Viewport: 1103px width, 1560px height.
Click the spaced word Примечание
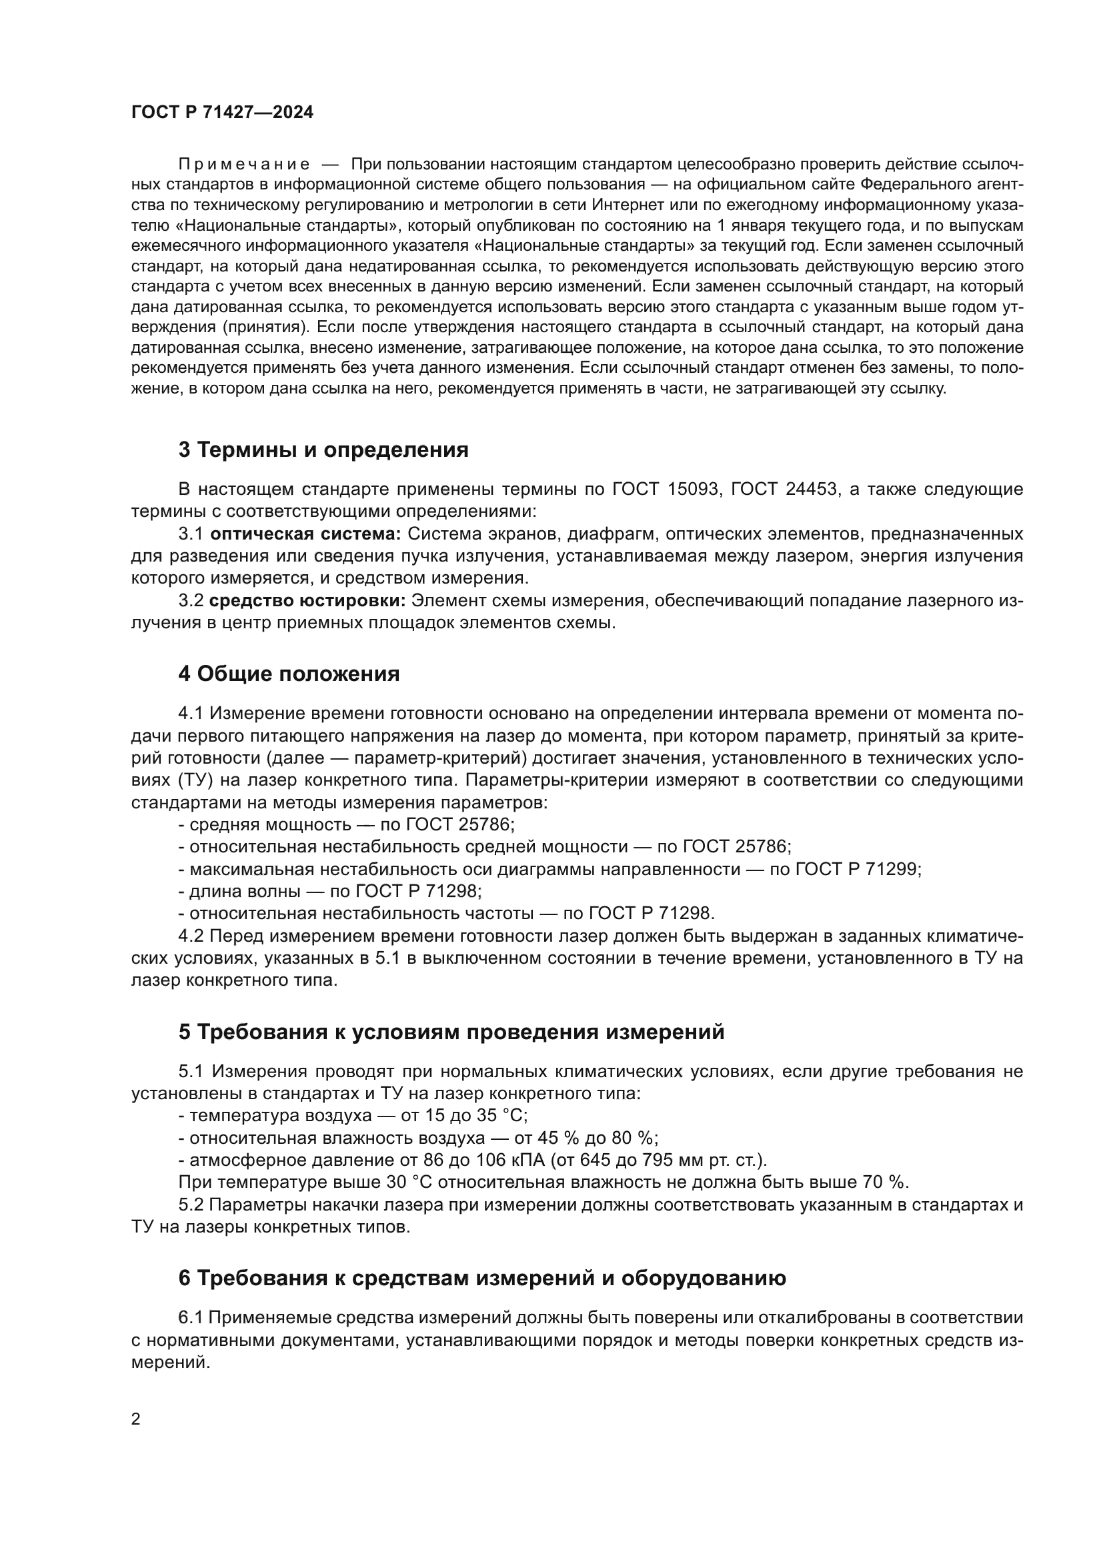tap(244, 165)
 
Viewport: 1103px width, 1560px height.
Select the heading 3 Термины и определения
tap(323, 450)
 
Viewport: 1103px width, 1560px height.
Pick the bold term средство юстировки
tap(307, 601)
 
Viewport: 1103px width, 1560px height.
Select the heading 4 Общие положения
tap(289, 674)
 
